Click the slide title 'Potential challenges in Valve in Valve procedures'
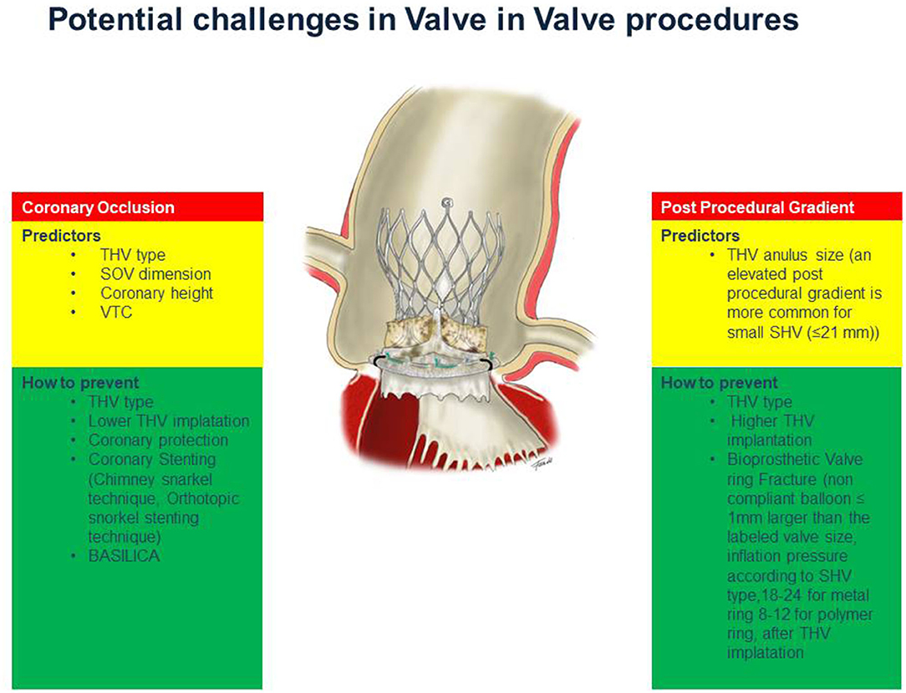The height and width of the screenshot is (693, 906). pos(424,21)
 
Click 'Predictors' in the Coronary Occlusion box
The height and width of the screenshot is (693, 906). pos(61,236)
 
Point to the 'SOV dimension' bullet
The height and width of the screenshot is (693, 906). pos(155,274)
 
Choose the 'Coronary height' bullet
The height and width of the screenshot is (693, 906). pos(156,293)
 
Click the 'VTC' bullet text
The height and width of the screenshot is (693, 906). pos(116,312)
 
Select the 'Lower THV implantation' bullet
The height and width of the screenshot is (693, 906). pos(169,421)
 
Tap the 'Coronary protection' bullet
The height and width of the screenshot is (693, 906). pos(158,441)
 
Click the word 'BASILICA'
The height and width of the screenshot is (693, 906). pos(124,556)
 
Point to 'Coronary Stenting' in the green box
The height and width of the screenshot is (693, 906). pos(152,460)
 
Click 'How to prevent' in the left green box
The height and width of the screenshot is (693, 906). pos(80,383)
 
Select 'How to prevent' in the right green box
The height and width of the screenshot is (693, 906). pos(720,383)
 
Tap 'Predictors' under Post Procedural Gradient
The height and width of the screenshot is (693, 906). pos(700,236)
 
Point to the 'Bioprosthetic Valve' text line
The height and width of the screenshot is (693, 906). pos(795,460)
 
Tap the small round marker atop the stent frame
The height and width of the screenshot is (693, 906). pos(446,203)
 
